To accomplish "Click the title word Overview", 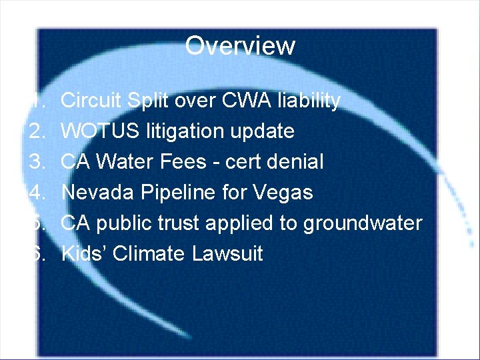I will [239, 46].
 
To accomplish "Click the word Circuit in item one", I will [91, 101].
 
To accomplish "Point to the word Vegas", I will [283, 193].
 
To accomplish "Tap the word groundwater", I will [362, 223].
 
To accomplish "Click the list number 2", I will [37, 131].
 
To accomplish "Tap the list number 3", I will [37, 162].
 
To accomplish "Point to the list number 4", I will [37, 193].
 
